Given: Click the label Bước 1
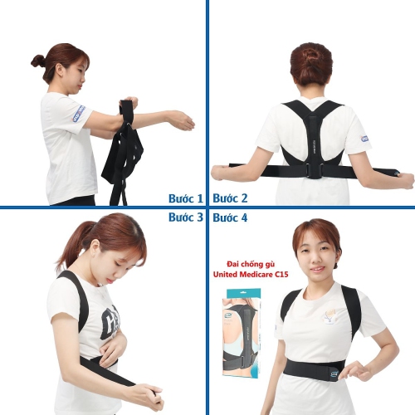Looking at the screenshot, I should coord(185,198).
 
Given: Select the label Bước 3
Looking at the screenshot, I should coord(185,217).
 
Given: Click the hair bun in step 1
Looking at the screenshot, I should coord(37,61).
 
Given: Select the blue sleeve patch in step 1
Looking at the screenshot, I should coord(78,113).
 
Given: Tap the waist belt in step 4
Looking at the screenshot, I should coord(315,366).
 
